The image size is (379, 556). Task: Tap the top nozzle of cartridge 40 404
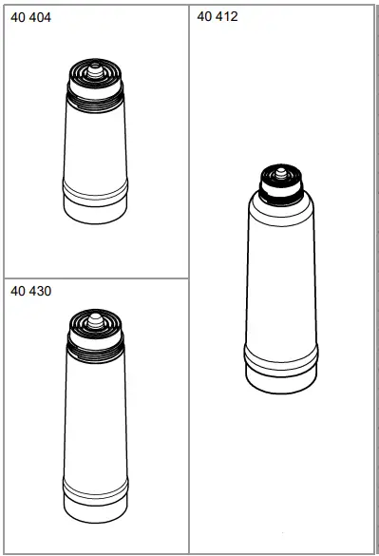tap(95, 68)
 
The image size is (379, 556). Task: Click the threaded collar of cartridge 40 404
tap(95, 95)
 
